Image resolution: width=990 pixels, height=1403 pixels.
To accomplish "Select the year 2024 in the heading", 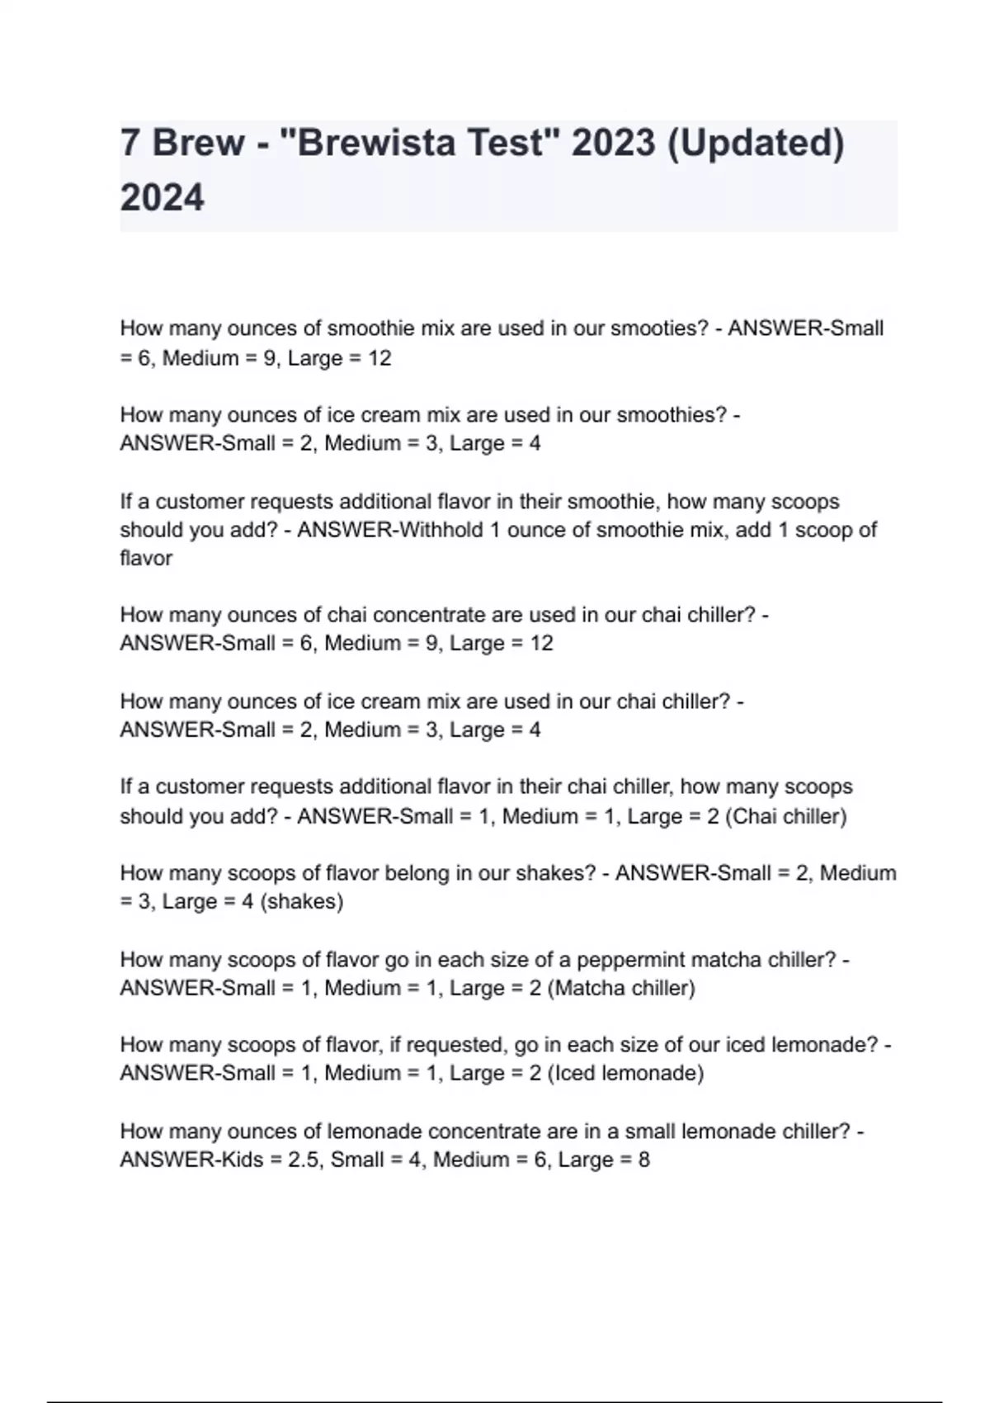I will click(162, 198).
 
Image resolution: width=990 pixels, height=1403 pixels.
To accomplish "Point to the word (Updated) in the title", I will click(755, 143).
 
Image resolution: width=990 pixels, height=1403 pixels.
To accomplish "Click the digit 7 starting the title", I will click(130, 143).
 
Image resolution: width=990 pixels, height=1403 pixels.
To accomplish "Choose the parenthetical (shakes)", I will click(301, 901).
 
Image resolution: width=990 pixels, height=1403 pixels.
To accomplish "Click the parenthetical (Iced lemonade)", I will click(625, 1073).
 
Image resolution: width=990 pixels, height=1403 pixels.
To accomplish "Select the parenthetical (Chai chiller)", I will click(785, 816).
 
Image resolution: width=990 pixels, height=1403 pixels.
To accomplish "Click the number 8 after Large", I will click(643, 1160).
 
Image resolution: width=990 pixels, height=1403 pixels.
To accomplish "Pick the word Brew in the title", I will click(198, 143).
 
